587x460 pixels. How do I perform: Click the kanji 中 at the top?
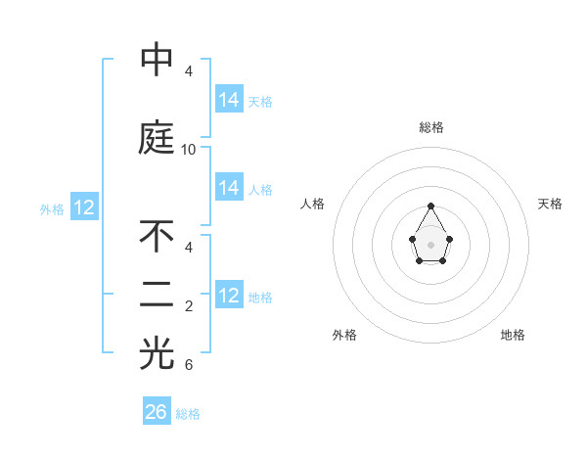point(157,60)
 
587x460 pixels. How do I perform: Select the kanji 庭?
point(157,138)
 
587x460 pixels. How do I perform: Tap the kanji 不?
point(157,237)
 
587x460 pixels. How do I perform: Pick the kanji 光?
point(157,354)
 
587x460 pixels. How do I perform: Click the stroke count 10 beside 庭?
point(189,150)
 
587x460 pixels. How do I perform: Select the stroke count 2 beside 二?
point(189,307)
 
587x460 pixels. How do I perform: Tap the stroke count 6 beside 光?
point(189,366)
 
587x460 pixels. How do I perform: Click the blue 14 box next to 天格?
point(229,100)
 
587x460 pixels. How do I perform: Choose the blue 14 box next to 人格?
point(229,188)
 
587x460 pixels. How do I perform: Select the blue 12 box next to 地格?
point(229,296)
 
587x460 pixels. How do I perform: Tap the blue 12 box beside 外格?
point(84,207)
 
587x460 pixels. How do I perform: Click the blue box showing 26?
point(157,412)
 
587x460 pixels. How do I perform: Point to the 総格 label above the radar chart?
point(431,127)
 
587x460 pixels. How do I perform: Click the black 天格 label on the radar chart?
point(550,204)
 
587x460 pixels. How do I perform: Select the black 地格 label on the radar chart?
point(513,335)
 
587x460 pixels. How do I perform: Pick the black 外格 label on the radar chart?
point(344,335)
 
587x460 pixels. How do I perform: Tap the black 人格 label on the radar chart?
point(312,204)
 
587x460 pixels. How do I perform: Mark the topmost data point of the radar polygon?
point(431,206)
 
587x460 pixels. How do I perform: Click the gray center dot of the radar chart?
point(431,243)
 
